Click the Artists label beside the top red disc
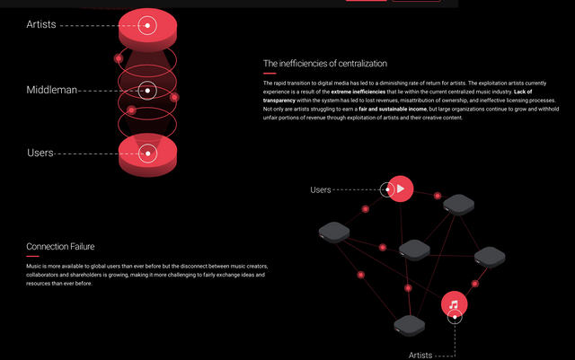41,24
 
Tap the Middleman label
51,90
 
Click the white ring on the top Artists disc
148,24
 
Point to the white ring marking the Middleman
149,90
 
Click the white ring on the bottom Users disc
148,154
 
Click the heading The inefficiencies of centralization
324,64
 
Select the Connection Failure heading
60,246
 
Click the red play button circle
402,189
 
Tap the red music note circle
455,304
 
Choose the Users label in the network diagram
321,189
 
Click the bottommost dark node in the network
409,326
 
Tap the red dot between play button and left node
365,209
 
